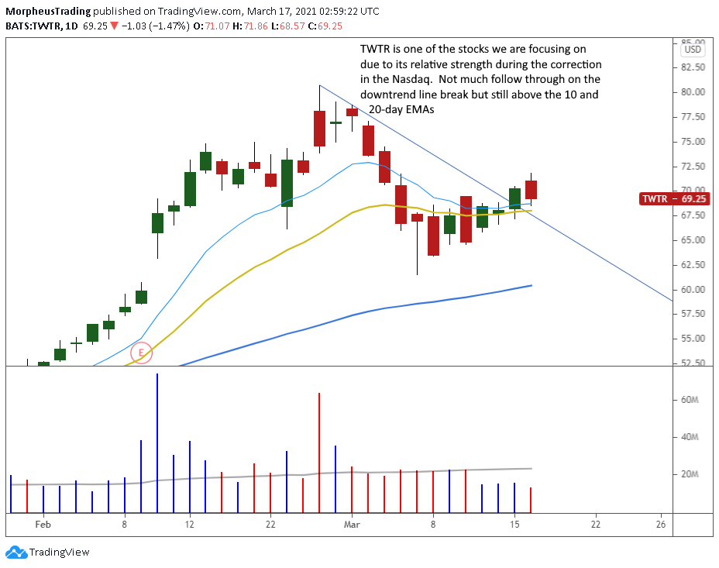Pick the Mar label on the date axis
pyautogui.click(x=351, y=525)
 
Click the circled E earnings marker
pyautogui.click(x=141, y=353)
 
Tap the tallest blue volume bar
pyautogui.click(x=157, y=443)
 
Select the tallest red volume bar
pyautogui.click(x=319, y=453)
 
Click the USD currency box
pyautogui.click(x=692, y=50)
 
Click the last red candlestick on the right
pyautogui.click(x=532, y=189)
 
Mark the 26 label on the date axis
pyautogui.click(x=661, y=525)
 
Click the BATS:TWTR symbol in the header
pyautogui.click(x=33, y=26)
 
